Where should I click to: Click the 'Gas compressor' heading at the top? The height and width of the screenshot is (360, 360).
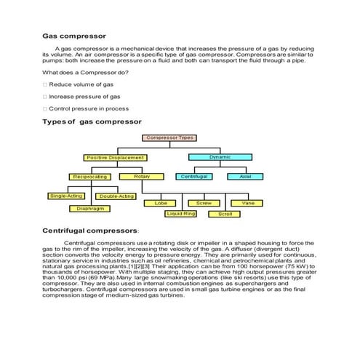click(x=74, y=35)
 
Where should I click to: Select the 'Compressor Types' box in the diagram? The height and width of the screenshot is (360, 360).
click(x=170, y=137)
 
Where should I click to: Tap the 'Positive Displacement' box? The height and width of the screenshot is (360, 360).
click(x=115, y=157)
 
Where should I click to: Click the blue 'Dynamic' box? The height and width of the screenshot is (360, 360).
click(x=219, y=157)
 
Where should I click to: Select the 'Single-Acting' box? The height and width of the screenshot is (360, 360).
click(x=66, y=196)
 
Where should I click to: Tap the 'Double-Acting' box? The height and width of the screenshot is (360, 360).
click(x=116, y=196)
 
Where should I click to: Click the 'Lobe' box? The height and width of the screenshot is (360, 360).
click(x=161, y=203)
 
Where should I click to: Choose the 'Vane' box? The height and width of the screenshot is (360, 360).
click(x=247, y=203)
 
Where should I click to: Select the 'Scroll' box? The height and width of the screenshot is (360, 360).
click(x=225, y=215)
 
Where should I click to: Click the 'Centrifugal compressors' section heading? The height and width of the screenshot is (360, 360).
click(x=85, y=230)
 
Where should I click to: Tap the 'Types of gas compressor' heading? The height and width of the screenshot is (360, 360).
click(x=92, y=121)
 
